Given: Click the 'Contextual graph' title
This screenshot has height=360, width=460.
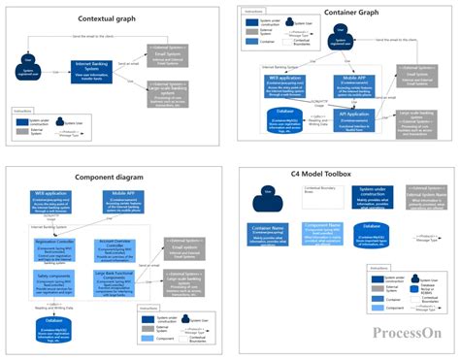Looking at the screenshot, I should tap(107, 19).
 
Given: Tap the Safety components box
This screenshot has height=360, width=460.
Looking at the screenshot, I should tap(59, 281).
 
